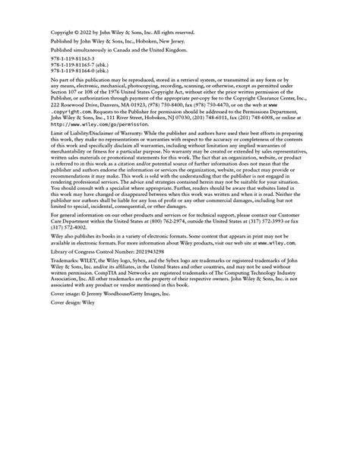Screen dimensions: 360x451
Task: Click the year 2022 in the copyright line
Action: pos(87,33)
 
